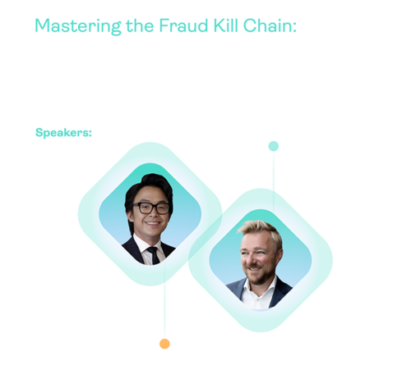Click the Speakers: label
[x=64, y=131]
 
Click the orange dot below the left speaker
[x=164, y=344]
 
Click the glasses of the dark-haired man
[x=149, y=208]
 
